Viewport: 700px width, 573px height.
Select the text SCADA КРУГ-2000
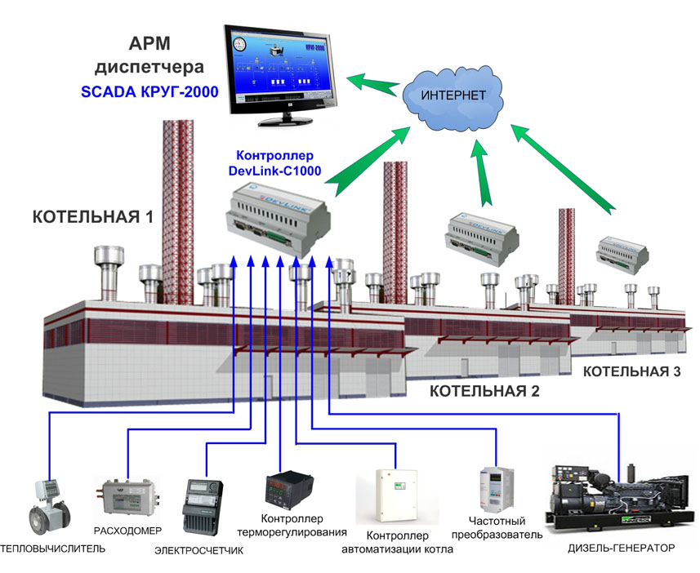point(149,92)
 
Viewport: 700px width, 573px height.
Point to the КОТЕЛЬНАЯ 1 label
point(92,217)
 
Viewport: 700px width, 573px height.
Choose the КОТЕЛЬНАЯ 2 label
point(484,390)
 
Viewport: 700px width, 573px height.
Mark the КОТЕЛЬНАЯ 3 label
point(631,372)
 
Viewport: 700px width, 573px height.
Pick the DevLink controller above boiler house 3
point(622,254)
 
